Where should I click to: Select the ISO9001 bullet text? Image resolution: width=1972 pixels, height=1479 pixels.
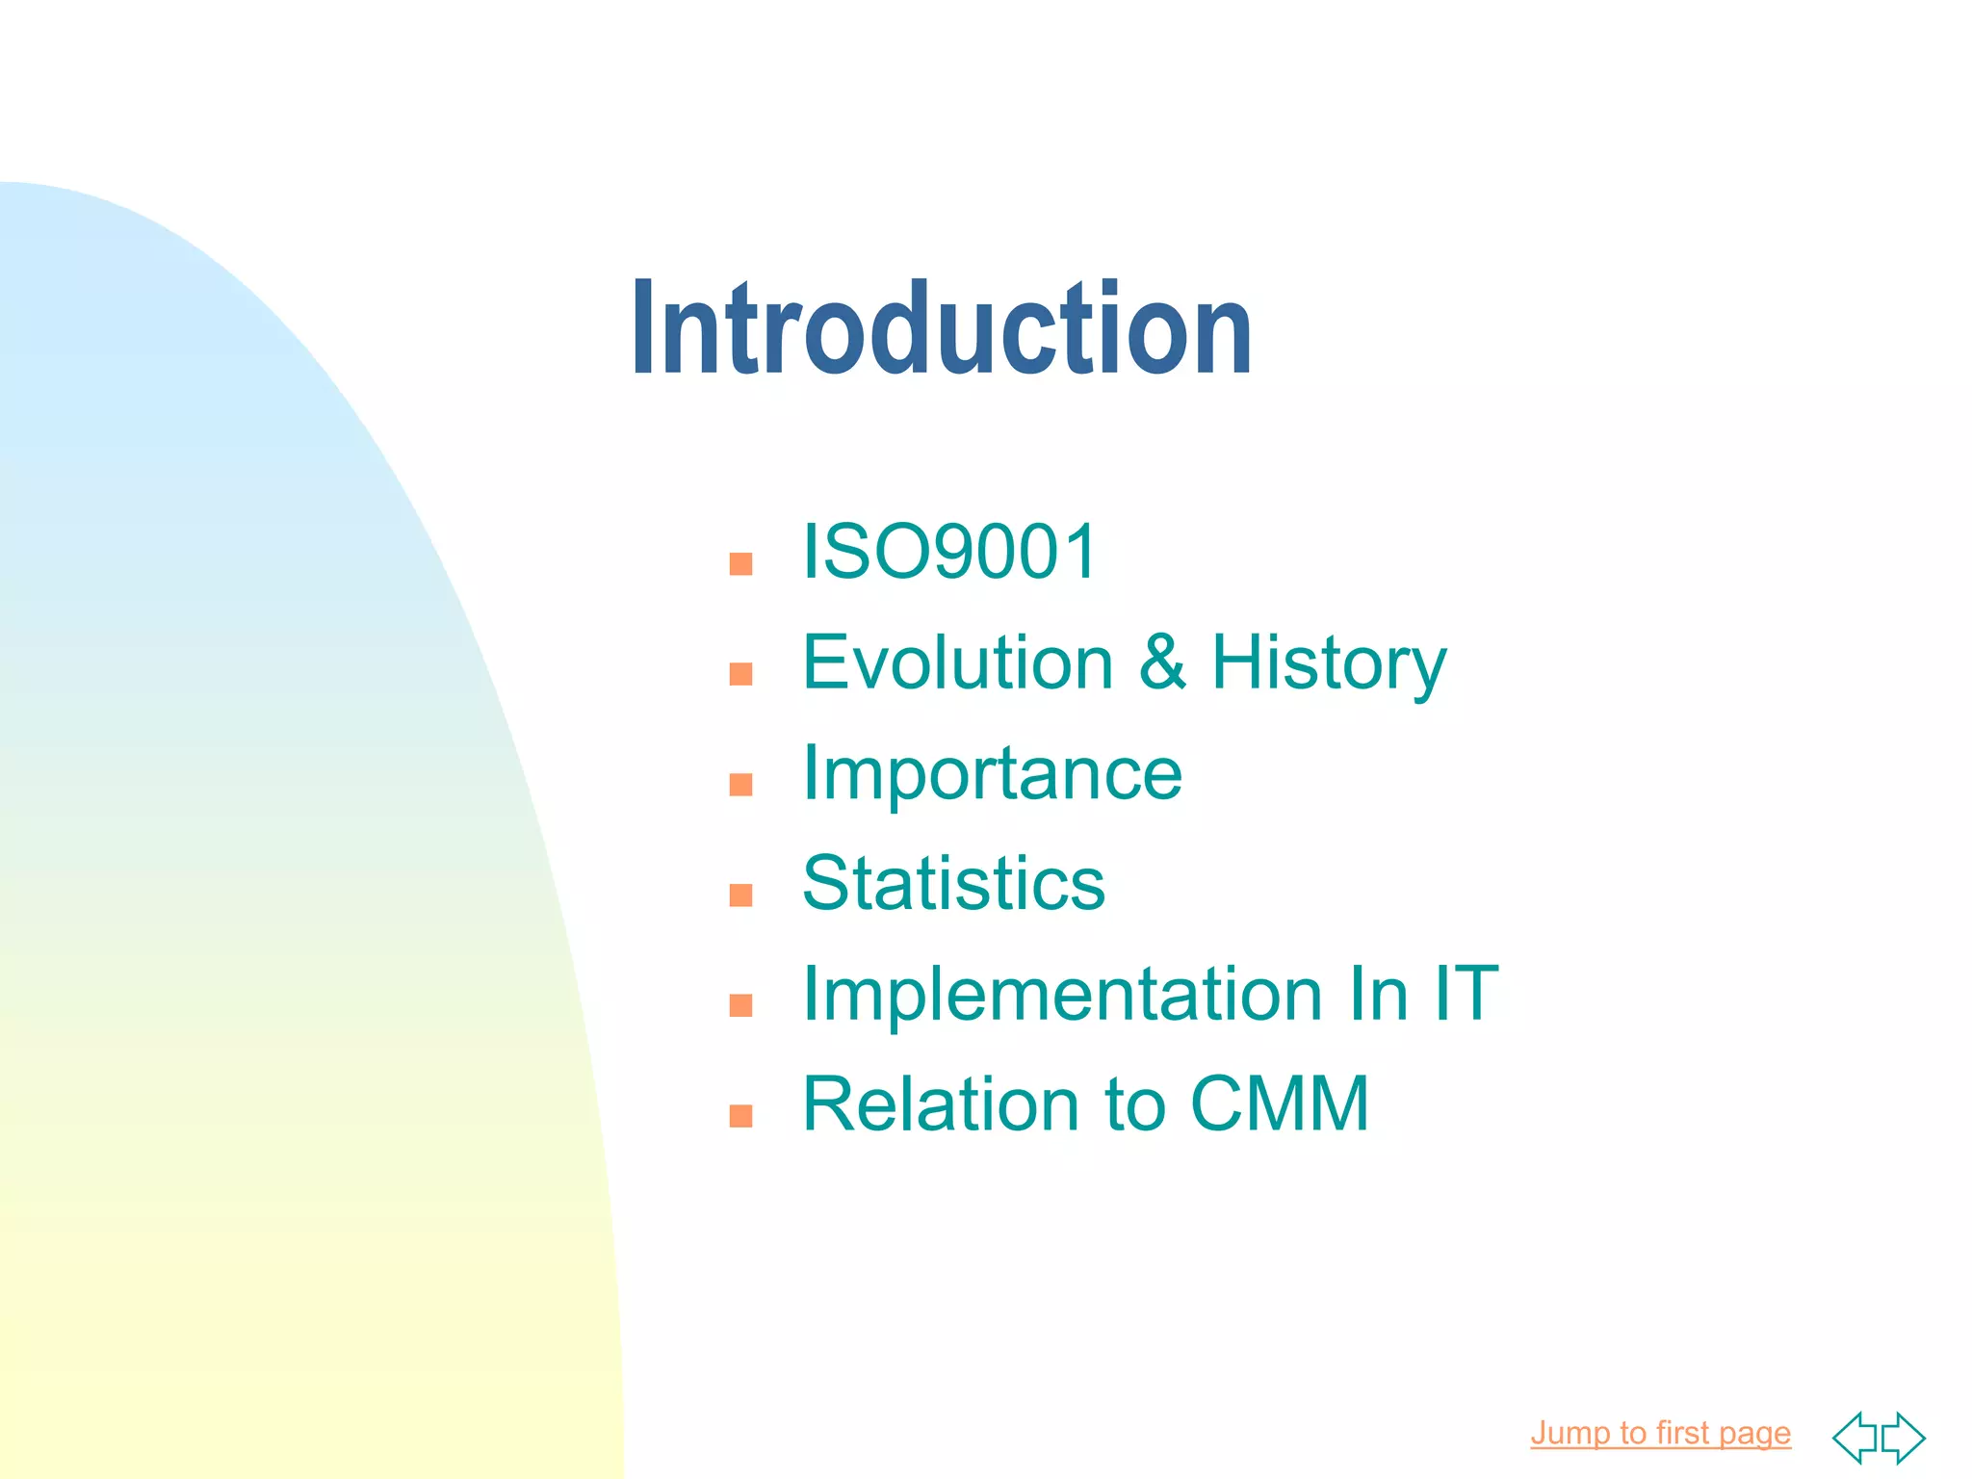(x=949, y=552)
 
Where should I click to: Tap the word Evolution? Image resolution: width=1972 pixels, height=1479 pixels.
(x=958, y=662)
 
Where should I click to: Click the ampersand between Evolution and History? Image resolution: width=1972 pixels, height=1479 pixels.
(x=1162, y=662)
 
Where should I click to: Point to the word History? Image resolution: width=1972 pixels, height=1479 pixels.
(x=1329, y=664)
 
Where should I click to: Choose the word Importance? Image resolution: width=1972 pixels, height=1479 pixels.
(x=992, y=773)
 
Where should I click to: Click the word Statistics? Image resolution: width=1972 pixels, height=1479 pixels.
(x=953, y=883)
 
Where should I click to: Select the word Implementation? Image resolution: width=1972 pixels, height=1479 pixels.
(x=1062, y=995)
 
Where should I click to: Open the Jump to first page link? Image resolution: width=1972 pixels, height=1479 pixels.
(x=1660, y=1433)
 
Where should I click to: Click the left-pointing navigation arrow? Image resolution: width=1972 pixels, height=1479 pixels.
(x=1855, y=1438)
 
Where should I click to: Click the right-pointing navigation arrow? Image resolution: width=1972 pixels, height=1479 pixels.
(x=1904, y=1438)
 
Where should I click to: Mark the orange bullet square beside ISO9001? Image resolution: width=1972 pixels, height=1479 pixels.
(x=740, y=563)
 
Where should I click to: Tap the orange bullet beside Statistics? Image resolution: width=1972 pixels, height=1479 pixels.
(x=740, y=895)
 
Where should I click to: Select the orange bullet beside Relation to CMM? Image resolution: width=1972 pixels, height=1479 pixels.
(x=740, y=1116)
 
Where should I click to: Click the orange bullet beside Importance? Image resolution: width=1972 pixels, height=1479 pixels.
(x=740, y=785)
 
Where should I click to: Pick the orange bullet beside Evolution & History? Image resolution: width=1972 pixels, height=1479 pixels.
(x=740, y=674)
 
